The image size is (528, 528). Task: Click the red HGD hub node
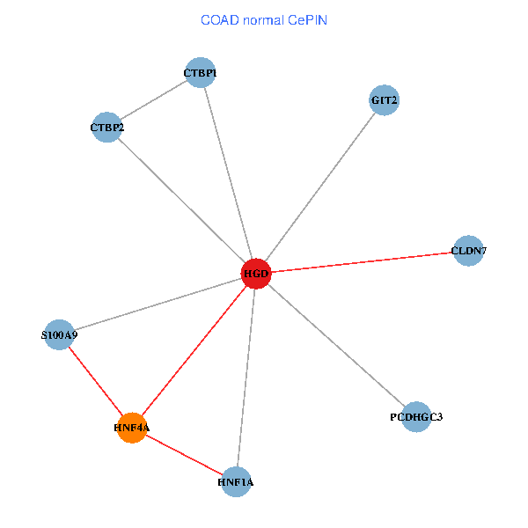(256, 275)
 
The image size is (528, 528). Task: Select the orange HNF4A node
(131, 428)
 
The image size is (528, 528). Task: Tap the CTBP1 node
(200, 72)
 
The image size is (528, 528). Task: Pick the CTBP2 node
(106, 128)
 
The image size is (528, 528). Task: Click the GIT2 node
(385, 100)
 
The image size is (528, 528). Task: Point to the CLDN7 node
(468, 251)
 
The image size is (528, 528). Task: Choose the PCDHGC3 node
(416, 416)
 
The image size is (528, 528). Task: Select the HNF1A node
(236, 481)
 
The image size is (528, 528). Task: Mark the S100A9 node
(59, 334)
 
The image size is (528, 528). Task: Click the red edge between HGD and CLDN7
(362, 262)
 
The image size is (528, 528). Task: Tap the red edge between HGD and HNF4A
(194, 351)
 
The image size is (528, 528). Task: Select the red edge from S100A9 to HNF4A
(95, 381)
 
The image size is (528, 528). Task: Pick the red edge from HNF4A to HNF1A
(183, 454)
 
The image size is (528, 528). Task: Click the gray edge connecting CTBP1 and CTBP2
(153, 99)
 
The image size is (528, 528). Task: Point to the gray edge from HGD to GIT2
(320, 187)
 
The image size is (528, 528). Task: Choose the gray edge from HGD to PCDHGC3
(336, 345)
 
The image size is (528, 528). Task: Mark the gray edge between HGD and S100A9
(158, 304)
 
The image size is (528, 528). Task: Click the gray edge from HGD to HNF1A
(246, 378)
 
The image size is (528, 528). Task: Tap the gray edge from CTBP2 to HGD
(181, 201)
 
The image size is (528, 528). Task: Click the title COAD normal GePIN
(264, 19)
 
